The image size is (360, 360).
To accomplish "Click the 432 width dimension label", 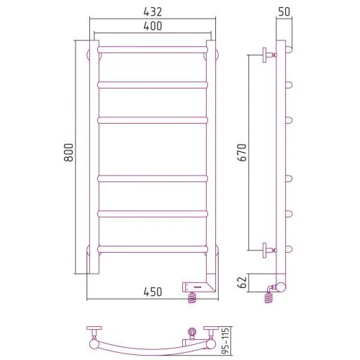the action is click(x=153, y=12).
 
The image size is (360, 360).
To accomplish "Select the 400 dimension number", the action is click(x=153, y=26).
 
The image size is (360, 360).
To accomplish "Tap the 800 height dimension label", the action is click(x=68, y=153).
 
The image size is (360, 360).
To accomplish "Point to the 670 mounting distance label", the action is click(x=243, y=153).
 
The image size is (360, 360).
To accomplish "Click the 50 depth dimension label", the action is click(x=284, y=12).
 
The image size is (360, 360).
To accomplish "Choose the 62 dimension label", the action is click(x=243, y=282).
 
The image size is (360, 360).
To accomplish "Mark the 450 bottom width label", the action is click(x=153, y=292).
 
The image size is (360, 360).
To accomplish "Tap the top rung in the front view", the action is click(x=153, y=50).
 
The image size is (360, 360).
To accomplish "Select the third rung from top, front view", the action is click(x=153, y=120).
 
